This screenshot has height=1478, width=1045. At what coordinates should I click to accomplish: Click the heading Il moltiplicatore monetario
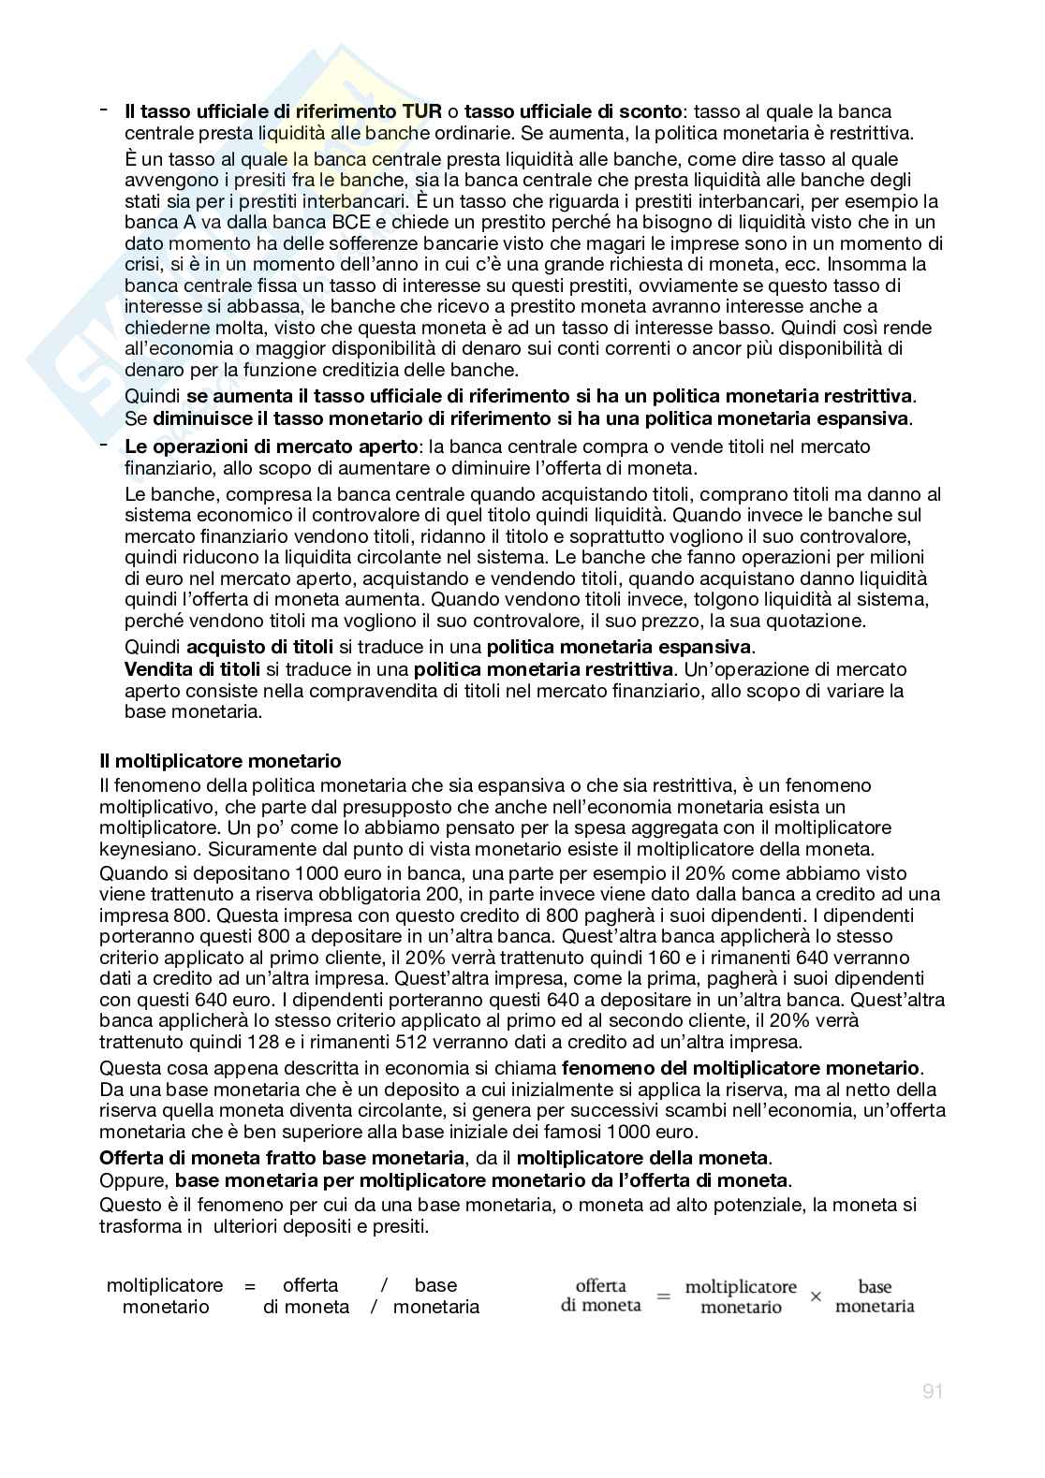click(x=220, y=760)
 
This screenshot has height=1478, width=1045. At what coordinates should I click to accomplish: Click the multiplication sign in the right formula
click(x=816, y=1296)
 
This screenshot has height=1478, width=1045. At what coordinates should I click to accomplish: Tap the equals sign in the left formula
click(x=250, y=1286)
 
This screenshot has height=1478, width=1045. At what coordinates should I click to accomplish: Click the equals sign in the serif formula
click(x=663, y=1296)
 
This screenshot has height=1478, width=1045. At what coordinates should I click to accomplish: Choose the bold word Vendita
click(x=155, y=669)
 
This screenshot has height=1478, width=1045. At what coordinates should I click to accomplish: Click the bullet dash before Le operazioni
click(x=104, y=445)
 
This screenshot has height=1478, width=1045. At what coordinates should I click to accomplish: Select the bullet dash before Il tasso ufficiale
click(x=104, y=110)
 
